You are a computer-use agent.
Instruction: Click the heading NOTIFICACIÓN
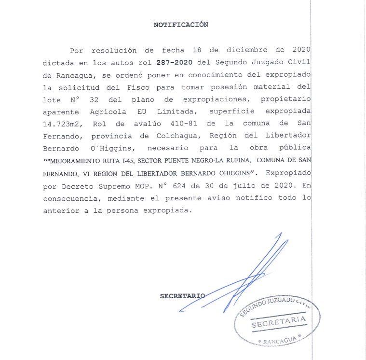pyautogui.click(x=181, y=25)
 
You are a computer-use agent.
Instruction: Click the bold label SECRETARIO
pyautogui.click(x=182, y=296)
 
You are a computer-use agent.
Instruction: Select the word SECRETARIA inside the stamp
pyautogui.click(x=279, y=322)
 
